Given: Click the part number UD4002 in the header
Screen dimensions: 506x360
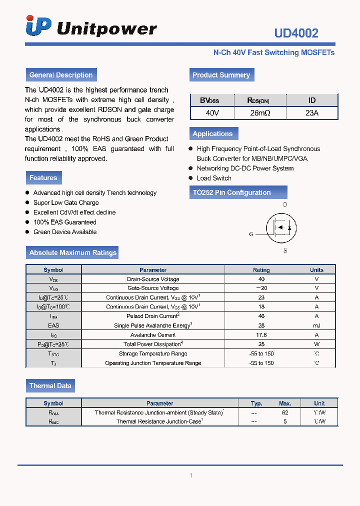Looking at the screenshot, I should pyautogui.click(x=296, y=33).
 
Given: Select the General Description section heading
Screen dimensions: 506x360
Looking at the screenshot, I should pyautogui.click(x=61, y=75).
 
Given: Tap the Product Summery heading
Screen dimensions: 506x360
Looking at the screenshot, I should pyautogui.click(x=221, y=75).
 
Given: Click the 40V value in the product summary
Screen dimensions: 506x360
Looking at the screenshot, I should pyautogui.click(x=212, y=113).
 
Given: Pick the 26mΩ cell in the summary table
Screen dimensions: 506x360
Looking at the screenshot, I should pyautogui.click(x=260, y=113).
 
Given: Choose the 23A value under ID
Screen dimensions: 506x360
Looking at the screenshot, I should pyautogui.click(x=312, y=113).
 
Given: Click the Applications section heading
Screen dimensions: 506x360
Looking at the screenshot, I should pyautogui.click(x=212, y=133).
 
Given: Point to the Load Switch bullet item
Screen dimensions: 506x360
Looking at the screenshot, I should pyautogui.click(x=214, y=178).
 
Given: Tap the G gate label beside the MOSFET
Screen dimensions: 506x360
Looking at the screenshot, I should pyautogui.click(x=251, y=234).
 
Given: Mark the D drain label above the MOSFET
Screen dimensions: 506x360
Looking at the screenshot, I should pyautogui.click(x=285, y=205).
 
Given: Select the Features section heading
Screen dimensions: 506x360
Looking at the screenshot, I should pyautogui.click(x=43, y=178).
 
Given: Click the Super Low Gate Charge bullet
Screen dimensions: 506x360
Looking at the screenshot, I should pyautogui.click(x=66, y=202).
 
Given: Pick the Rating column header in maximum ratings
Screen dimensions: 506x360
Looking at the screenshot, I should pyautogui.click(x=261, y=269).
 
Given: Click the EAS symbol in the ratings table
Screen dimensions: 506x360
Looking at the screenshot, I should pyautogui.click(x=53, y=325).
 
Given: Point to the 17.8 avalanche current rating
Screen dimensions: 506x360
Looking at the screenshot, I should pyautogui.click(x=261, y=335).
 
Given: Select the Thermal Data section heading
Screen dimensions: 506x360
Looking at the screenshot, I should pyautogui.click(x=50, y=385).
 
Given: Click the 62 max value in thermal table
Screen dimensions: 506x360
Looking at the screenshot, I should pyautogui.click(x=285, y=412).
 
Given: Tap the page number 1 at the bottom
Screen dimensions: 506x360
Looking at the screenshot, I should pyautogui.click(x=190, y=475).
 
